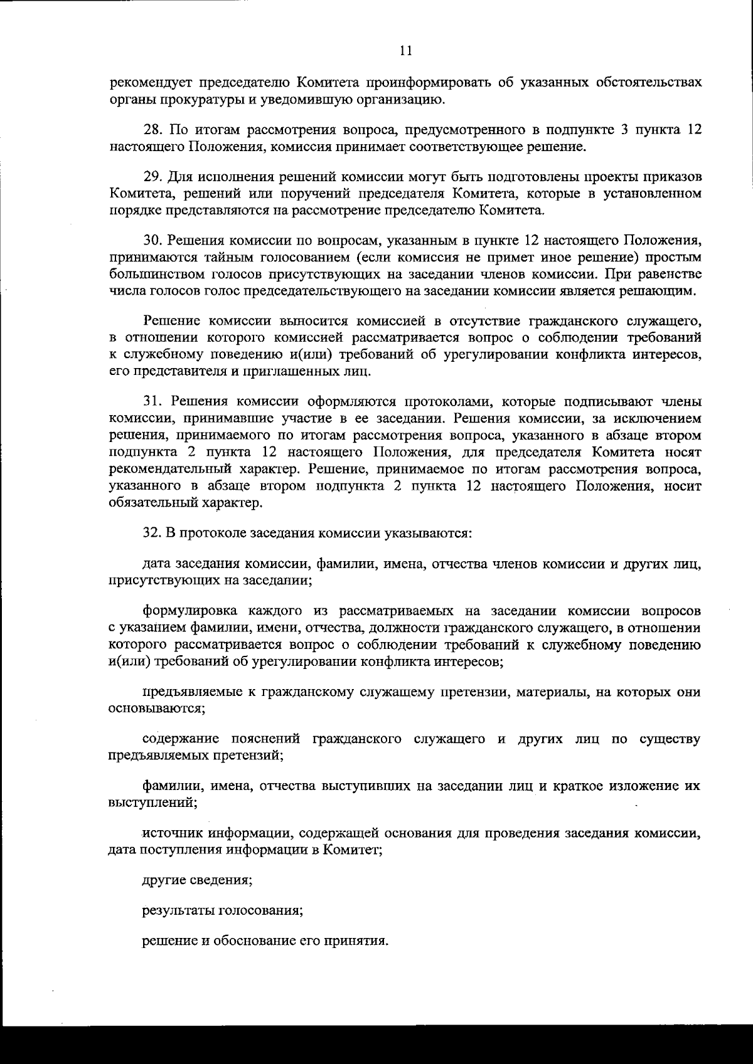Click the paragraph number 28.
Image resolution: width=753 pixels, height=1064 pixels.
(152, 130)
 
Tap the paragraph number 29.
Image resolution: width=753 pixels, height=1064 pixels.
(152, 176)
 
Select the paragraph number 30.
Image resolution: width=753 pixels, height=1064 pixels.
(152, 240)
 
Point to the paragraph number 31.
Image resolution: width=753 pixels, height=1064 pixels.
(152, 401)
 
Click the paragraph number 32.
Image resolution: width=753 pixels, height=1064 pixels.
(152, 533)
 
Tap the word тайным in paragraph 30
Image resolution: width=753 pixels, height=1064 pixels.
(233, 257)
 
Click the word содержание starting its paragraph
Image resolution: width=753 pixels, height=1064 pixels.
(179, 739)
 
